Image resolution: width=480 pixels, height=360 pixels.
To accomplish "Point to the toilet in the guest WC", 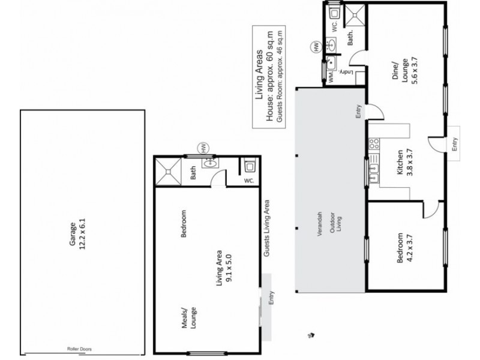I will pos(250,166).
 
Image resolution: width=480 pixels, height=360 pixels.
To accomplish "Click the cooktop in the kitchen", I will pos(375,144).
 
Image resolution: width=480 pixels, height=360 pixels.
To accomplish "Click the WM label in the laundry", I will pos(330,79).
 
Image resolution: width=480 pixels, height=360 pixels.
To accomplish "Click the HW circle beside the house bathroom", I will pos(314,46).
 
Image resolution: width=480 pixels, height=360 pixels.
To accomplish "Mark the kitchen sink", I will pos(375,174).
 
